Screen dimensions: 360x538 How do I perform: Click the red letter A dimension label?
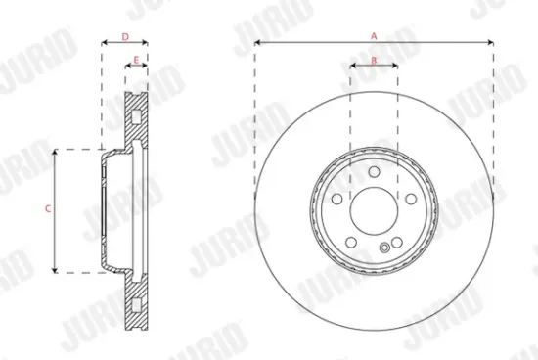tap(374, 35)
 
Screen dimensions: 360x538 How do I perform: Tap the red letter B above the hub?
tap(374, 61)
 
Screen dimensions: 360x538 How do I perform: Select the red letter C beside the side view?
tap(47, 209)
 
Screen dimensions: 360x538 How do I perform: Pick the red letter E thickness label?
tap(136, 61)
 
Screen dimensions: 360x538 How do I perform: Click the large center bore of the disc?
tap(373, 208)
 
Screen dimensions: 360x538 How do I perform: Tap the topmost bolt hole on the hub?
tap(373, 173)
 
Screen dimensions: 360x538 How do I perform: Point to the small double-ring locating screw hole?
tap(386, 249)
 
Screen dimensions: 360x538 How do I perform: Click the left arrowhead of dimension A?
tap(257, 43)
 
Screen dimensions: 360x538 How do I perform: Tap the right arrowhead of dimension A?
tap(490, 43)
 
